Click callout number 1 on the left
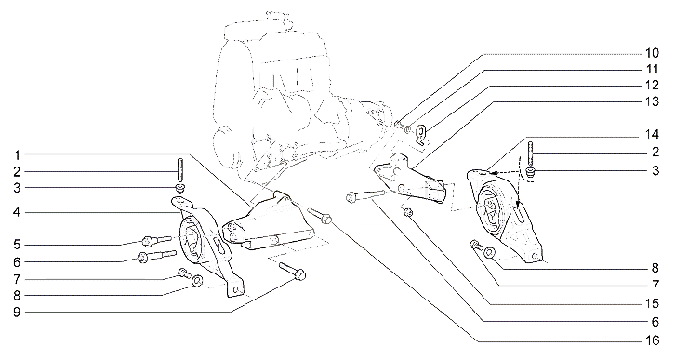click(x=18, y=155)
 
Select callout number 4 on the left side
click(x=17, y=212)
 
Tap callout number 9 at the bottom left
click(x=17, y=313)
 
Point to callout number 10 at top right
click(x=652, y=53)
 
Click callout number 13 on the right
click(x=652, y=101)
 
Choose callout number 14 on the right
click(x=652, y=134)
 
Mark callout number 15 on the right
click(x=652, y=303)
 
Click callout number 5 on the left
click(x=17, y=245)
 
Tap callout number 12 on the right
click(x=652, y=85)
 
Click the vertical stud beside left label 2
click(x=180, y=171)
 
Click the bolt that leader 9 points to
click(x=292, y=270)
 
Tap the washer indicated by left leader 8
click(x=197, y=281)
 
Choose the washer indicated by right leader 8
click(x=489, y=253)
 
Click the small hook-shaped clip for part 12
click(x=422, y=132)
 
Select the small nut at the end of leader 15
click(x=408, y=211)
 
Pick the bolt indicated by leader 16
click(x=320, y=215)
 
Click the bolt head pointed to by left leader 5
click(x=148, y=241)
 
